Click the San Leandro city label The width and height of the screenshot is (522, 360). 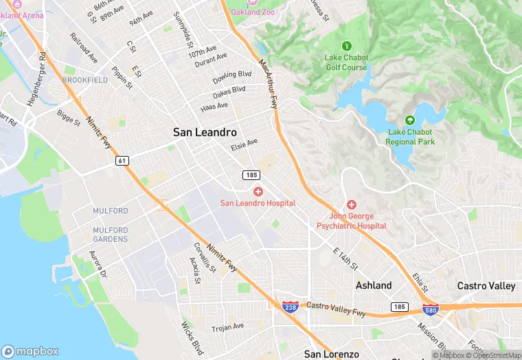(205, 132)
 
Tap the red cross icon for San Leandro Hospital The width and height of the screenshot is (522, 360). (258, 192)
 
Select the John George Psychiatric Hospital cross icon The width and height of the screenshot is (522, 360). (351, 205)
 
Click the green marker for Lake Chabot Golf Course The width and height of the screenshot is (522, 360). (346, 46)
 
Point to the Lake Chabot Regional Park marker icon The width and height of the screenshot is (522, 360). (410, 120)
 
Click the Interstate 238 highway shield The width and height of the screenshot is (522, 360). (290, 307)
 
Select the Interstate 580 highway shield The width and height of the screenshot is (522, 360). (431, 309)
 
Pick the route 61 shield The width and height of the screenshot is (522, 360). (121, 160)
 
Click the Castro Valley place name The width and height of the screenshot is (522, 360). (486, 285)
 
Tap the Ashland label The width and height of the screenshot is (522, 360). (374, 285)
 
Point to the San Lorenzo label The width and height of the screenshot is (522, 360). (332, 354)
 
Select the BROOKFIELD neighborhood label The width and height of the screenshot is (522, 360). (84, 80)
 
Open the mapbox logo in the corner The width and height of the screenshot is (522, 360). (30, 350)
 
